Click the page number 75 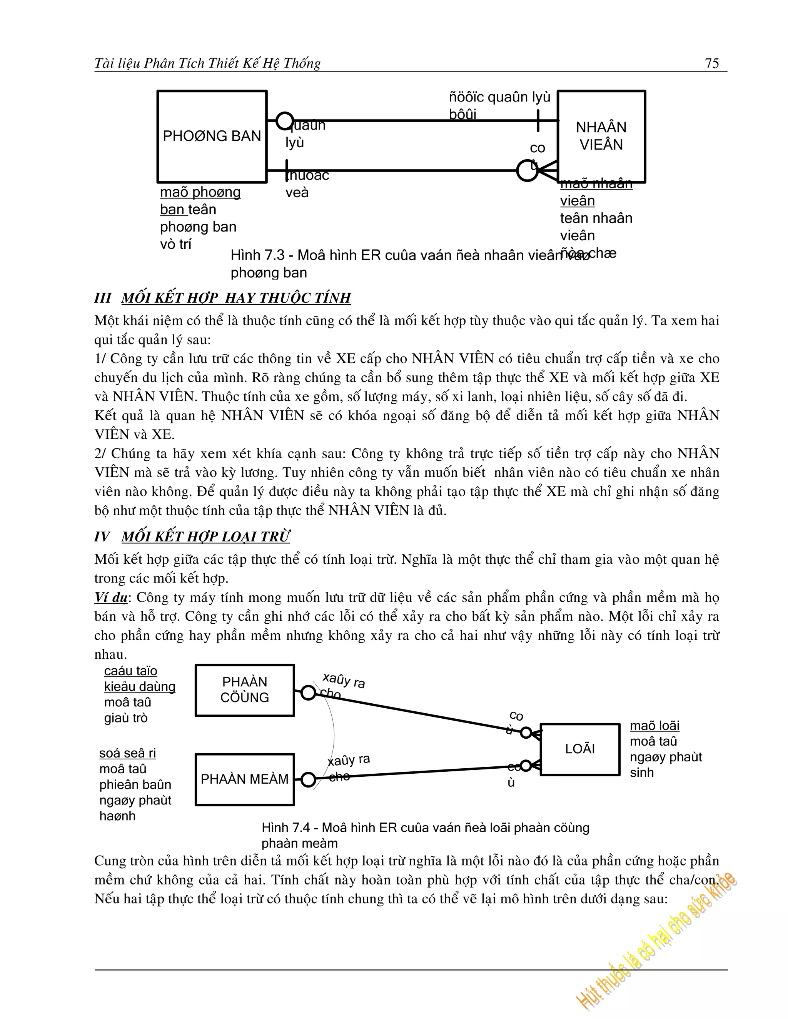(711, 63)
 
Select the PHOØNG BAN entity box (212, 136)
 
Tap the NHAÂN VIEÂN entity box (601, 136)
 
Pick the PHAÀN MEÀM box (245, 779)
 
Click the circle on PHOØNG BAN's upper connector (285, 121)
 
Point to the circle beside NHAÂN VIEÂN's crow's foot (527, 171)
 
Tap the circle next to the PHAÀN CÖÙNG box (308, 693)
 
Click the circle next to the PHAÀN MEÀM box (308, 780)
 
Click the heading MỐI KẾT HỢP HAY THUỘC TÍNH (236, 298)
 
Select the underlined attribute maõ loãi (654, 726)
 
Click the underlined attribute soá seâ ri (127, 753)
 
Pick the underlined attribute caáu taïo (131, 671)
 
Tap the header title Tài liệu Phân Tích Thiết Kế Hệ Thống (208, 63)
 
